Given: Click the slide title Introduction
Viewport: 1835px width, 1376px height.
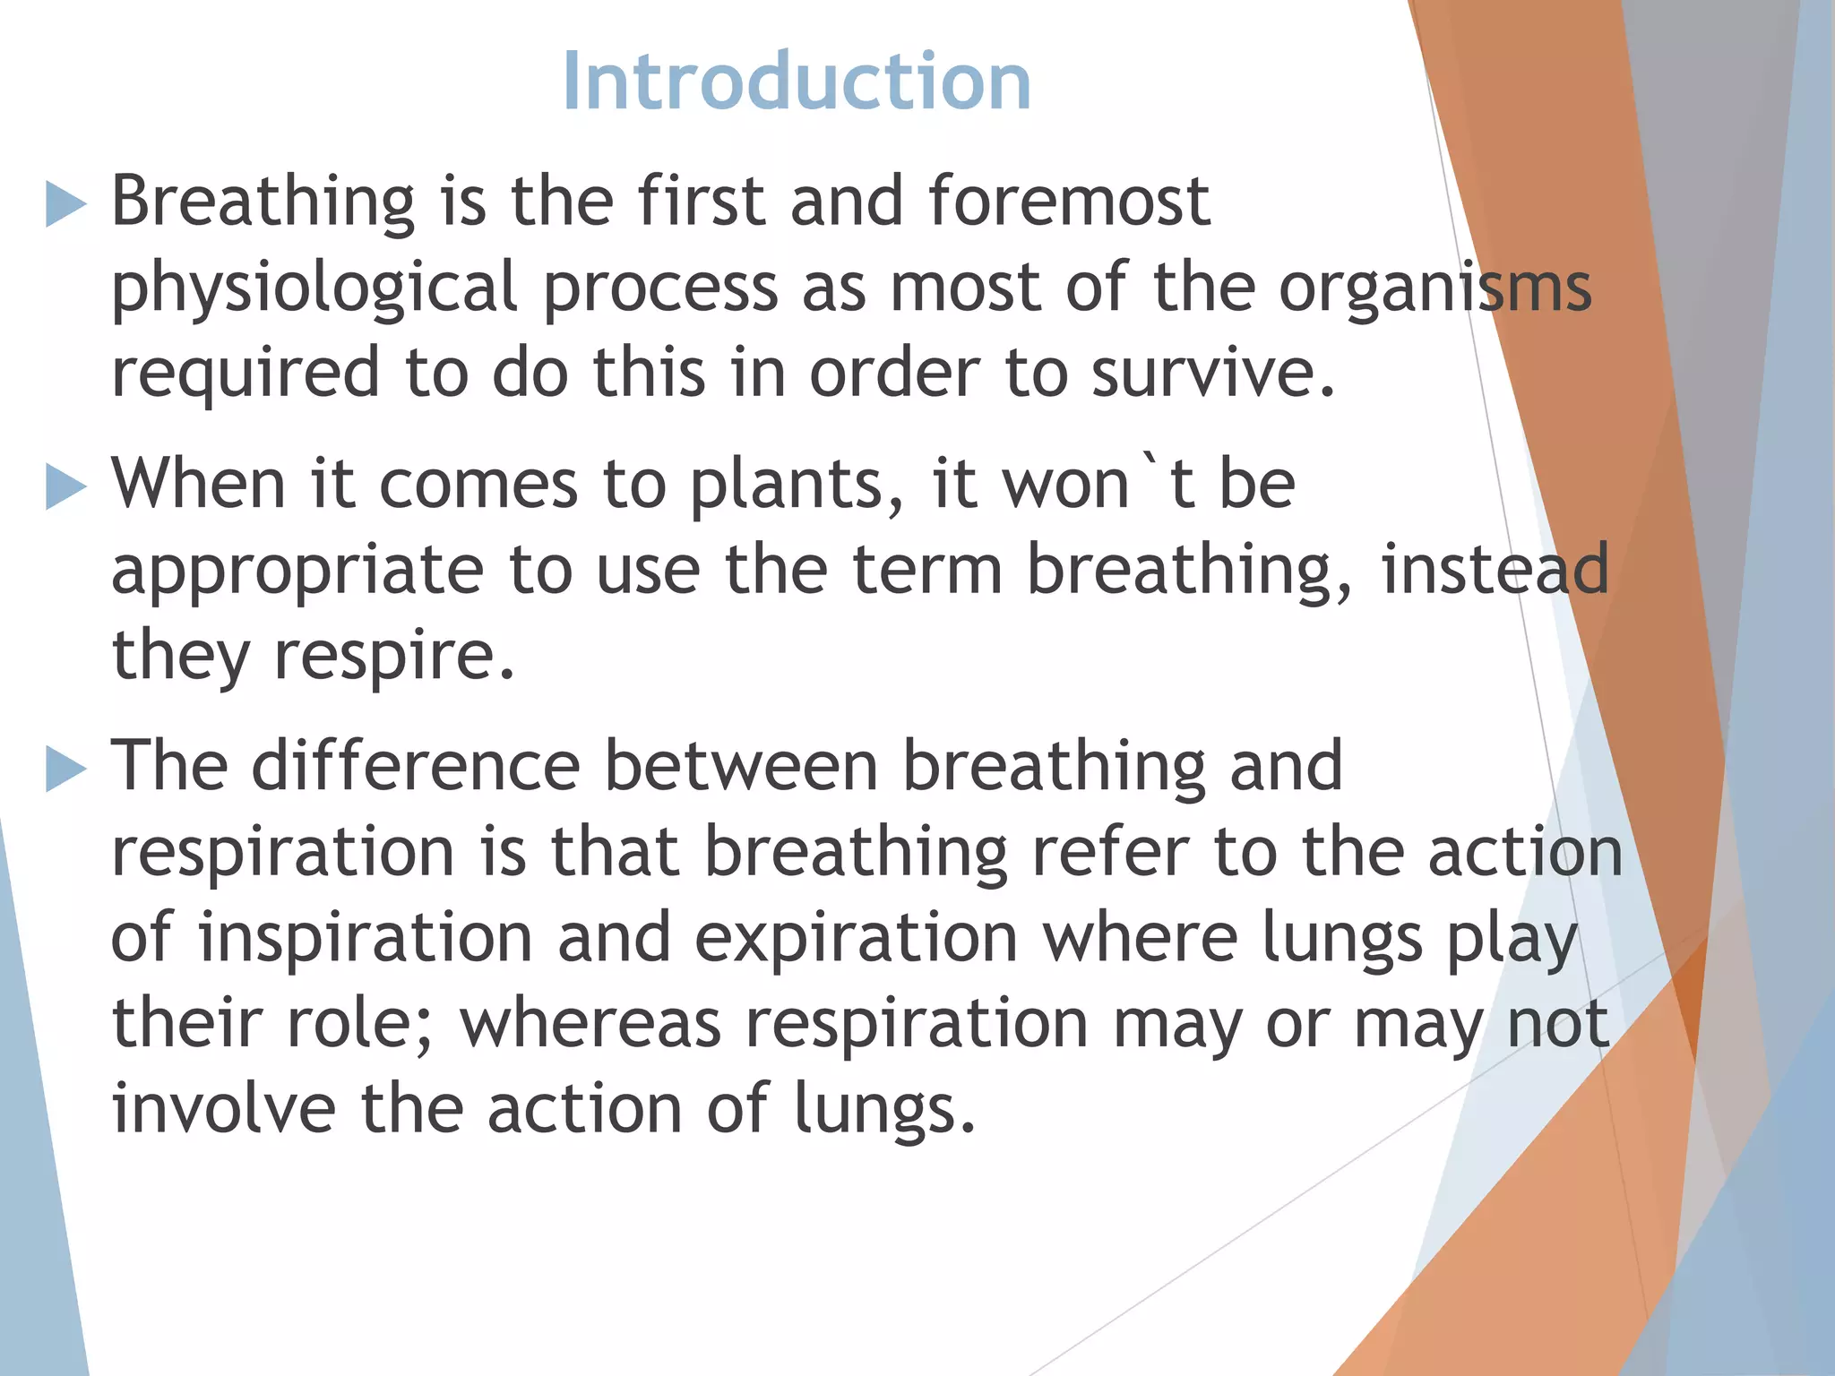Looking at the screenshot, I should coord(797,82).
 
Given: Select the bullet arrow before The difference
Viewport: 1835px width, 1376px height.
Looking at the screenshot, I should coord(65,769).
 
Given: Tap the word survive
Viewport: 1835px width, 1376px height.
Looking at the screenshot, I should coord(1212,373).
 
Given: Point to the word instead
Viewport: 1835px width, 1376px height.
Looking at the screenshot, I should coord(1495,570).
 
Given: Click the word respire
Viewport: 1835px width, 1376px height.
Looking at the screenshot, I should coord(394,657).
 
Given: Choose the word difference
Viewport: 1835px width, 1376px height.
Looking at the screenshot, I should coord(416,766).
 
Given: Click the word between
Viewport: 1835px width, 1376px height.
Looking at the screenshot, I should coord(741,766).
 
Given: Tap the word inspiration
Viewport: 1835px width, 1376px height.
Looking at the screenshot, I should coord(366,938).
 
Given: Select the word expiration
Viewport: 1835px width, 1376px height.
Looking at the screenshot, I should coord(856,938).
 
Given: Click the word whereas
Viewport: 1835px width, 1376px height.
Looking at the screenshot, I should coord(590,1024).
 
